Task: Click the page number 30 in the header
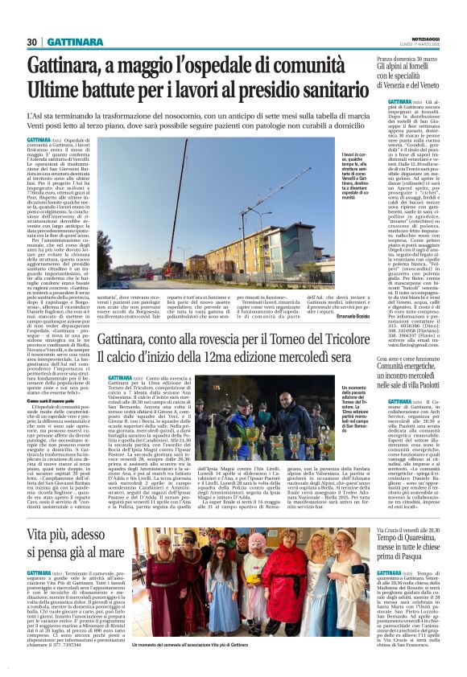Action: [33, 41]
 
